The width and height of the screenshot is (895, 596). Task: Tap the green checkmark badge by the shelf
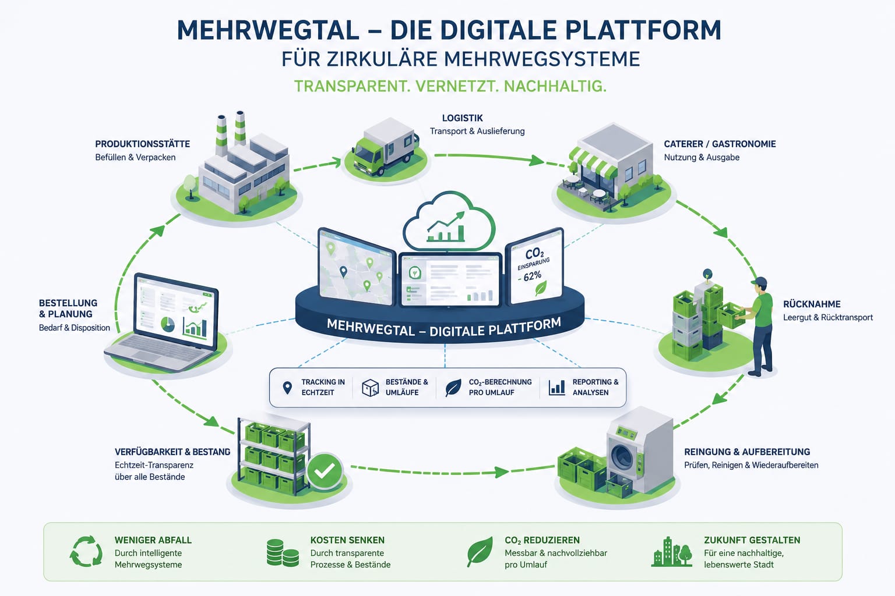(x=325, y=471)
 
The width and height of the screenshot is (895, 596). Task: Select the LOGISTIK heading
(x=462, y=118)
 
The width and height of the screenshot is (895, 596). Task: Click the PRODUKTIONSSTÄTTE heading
(x=142, y=144)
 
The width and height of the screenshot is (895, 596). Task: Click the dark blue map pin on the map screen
(x=343, y=272)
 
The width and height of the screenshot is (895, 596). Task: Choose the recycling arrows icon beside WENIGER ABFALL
(x=86, y=551)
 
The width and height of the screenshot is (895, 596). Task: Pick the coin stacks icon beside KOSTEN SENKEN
(x=283, y=553)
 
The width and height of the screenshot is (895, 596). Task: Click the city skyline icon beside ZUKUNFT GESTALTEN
(x=672, y=552)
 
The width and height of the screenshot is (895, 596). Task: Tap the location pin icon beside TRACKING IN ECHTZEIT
(x=287, y=388)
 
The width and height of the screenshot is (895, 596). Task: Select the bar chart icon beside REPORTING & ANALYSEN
(x=556, y=387)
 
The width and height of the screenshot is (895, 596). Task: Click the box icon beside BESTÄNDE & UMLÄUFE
(x=371, y=388)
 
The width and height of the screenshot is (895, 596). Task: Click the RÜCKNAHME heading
(x=812, y=304)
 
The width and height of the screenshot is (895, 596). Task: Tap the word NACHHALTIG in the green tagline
(x=555, y=86)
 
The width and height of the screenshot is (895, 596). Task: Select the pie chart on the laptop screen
(x=168, y=324)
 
